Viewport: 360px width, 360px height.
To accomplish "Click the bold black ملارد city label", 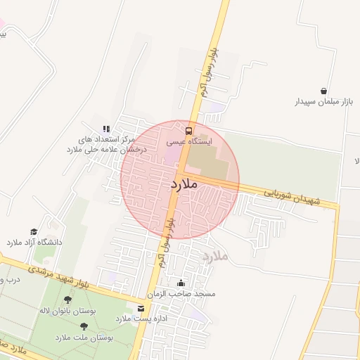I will [184, 184].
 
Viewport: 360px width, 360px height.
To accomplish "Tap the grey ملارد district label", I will [216, 255].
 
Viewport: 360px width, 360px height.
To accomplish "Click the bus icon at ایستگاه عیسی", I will [188, 130].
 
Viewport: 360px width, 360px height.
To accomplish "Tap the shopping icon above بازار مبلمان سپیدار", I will [323, 91].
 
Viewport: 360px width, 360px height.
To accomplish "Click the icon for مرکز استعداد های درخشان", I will [106, 129].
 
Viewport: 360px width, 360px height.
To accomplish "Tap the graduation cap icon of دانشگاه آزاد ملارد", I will [34, 231].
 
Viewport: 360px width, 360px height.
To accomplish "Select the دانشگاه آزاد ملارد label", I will [34, 242].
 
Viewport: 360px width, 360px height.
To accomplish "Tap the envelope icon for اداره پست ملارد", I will [141, 309].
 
